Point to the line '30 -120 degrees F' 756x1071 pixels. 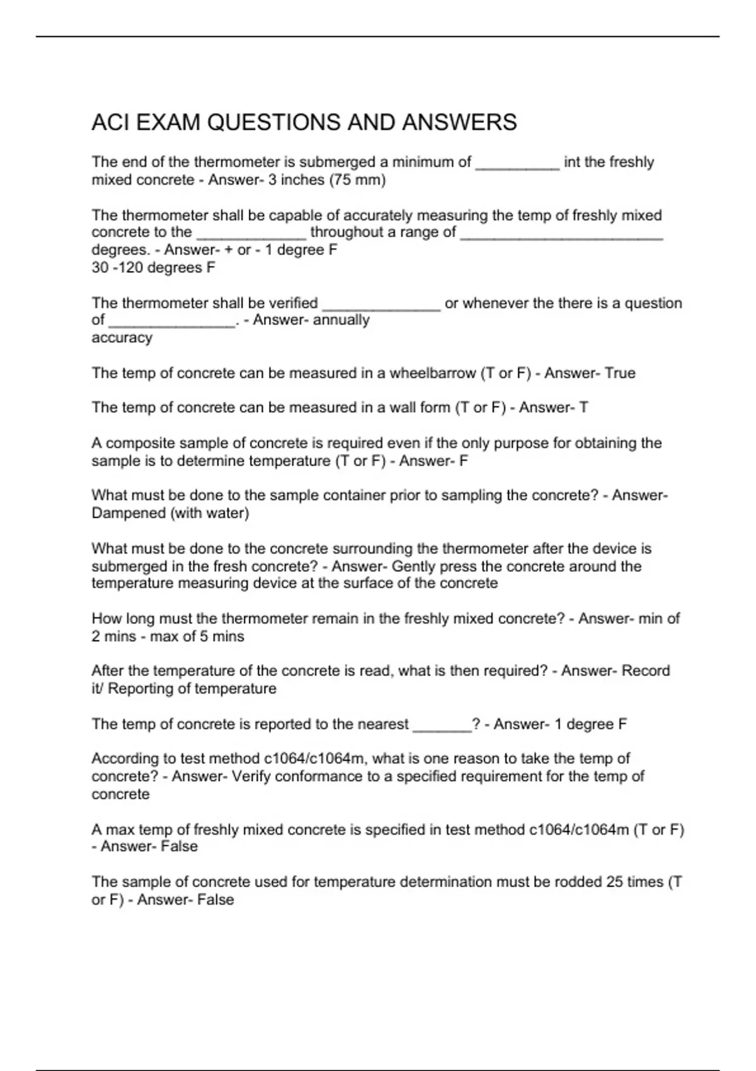click(x=153, y=268)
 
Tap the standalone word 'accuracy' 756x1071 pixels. click(x=122, y=338)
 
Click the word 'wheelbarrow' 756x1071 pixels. click(x=433, y=373)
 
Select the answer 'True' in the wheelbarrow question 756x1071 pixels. click(x=620, y=373)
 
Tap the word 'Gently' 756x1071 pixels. click(x=413, y=566)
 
